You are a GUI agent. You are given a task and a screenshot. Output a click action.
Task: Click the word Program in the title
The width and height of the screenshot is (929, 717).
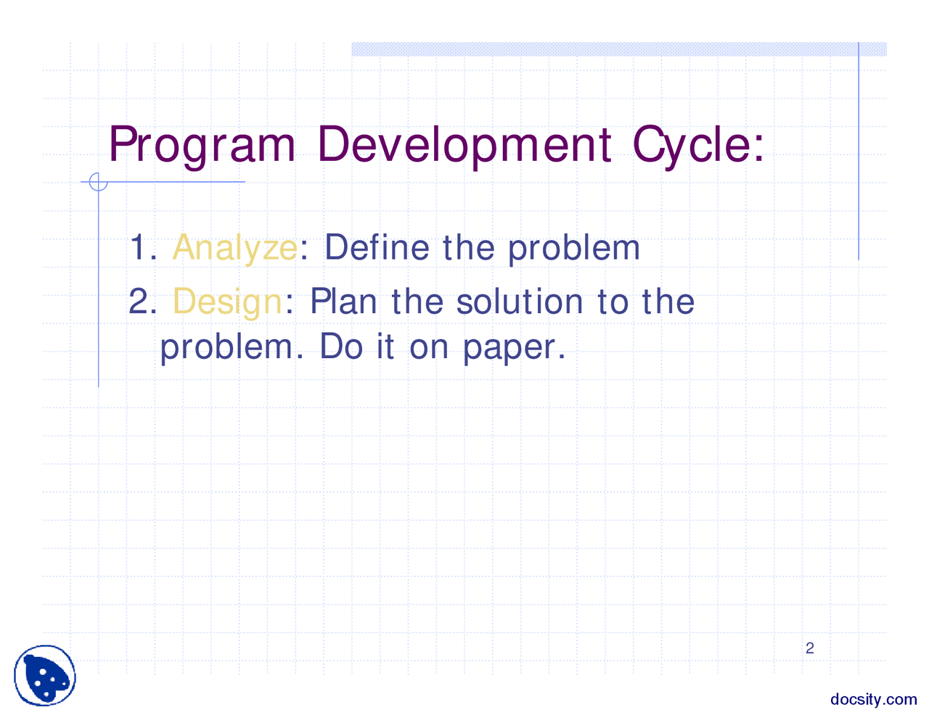[202, 145]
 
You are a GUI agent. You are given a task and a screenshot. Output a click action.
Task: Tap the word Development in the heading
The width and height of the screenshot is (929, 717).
[464, 144]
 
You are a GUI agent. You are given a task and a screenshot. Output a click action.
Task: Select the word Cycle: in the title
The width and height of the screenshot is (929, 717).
[698, 145]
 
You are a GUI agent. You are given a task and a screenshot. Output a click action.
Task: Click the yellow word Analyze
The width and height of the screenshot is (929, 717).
[234, 248]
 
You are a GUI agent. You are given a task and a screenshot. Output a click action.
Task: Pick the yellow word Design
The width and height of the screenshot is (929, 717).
[227, 302]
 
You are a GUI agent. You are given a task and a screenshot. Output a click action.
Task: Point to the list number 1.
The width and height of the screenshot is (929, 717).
[142, 248]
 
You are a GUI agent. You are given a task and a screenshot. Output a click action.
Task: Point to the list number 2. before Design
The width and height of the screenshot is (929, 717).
[142, 302]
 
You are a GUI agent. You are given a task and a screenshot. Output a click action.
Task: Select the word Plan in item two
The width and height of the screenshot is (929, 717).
[343, 302]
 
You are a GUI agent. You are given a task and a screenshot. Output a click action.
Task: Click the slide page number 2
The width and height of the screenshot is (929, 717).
[810, 648]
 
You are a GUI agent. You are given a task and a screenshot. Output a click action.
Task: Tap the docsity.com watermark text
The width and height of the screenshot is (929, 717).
[873, 699]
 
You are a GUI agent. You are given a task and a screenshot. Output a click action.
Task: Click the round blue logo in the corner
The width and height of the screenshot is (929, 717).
[45, 675]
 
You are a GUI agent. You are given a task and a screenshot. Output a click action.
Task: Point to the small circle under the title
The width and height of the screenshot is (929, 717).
[98, 182]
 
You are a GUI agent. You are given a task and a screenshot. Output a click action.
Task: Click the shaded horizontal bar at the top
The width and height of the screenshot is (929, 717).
[618, 49]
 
